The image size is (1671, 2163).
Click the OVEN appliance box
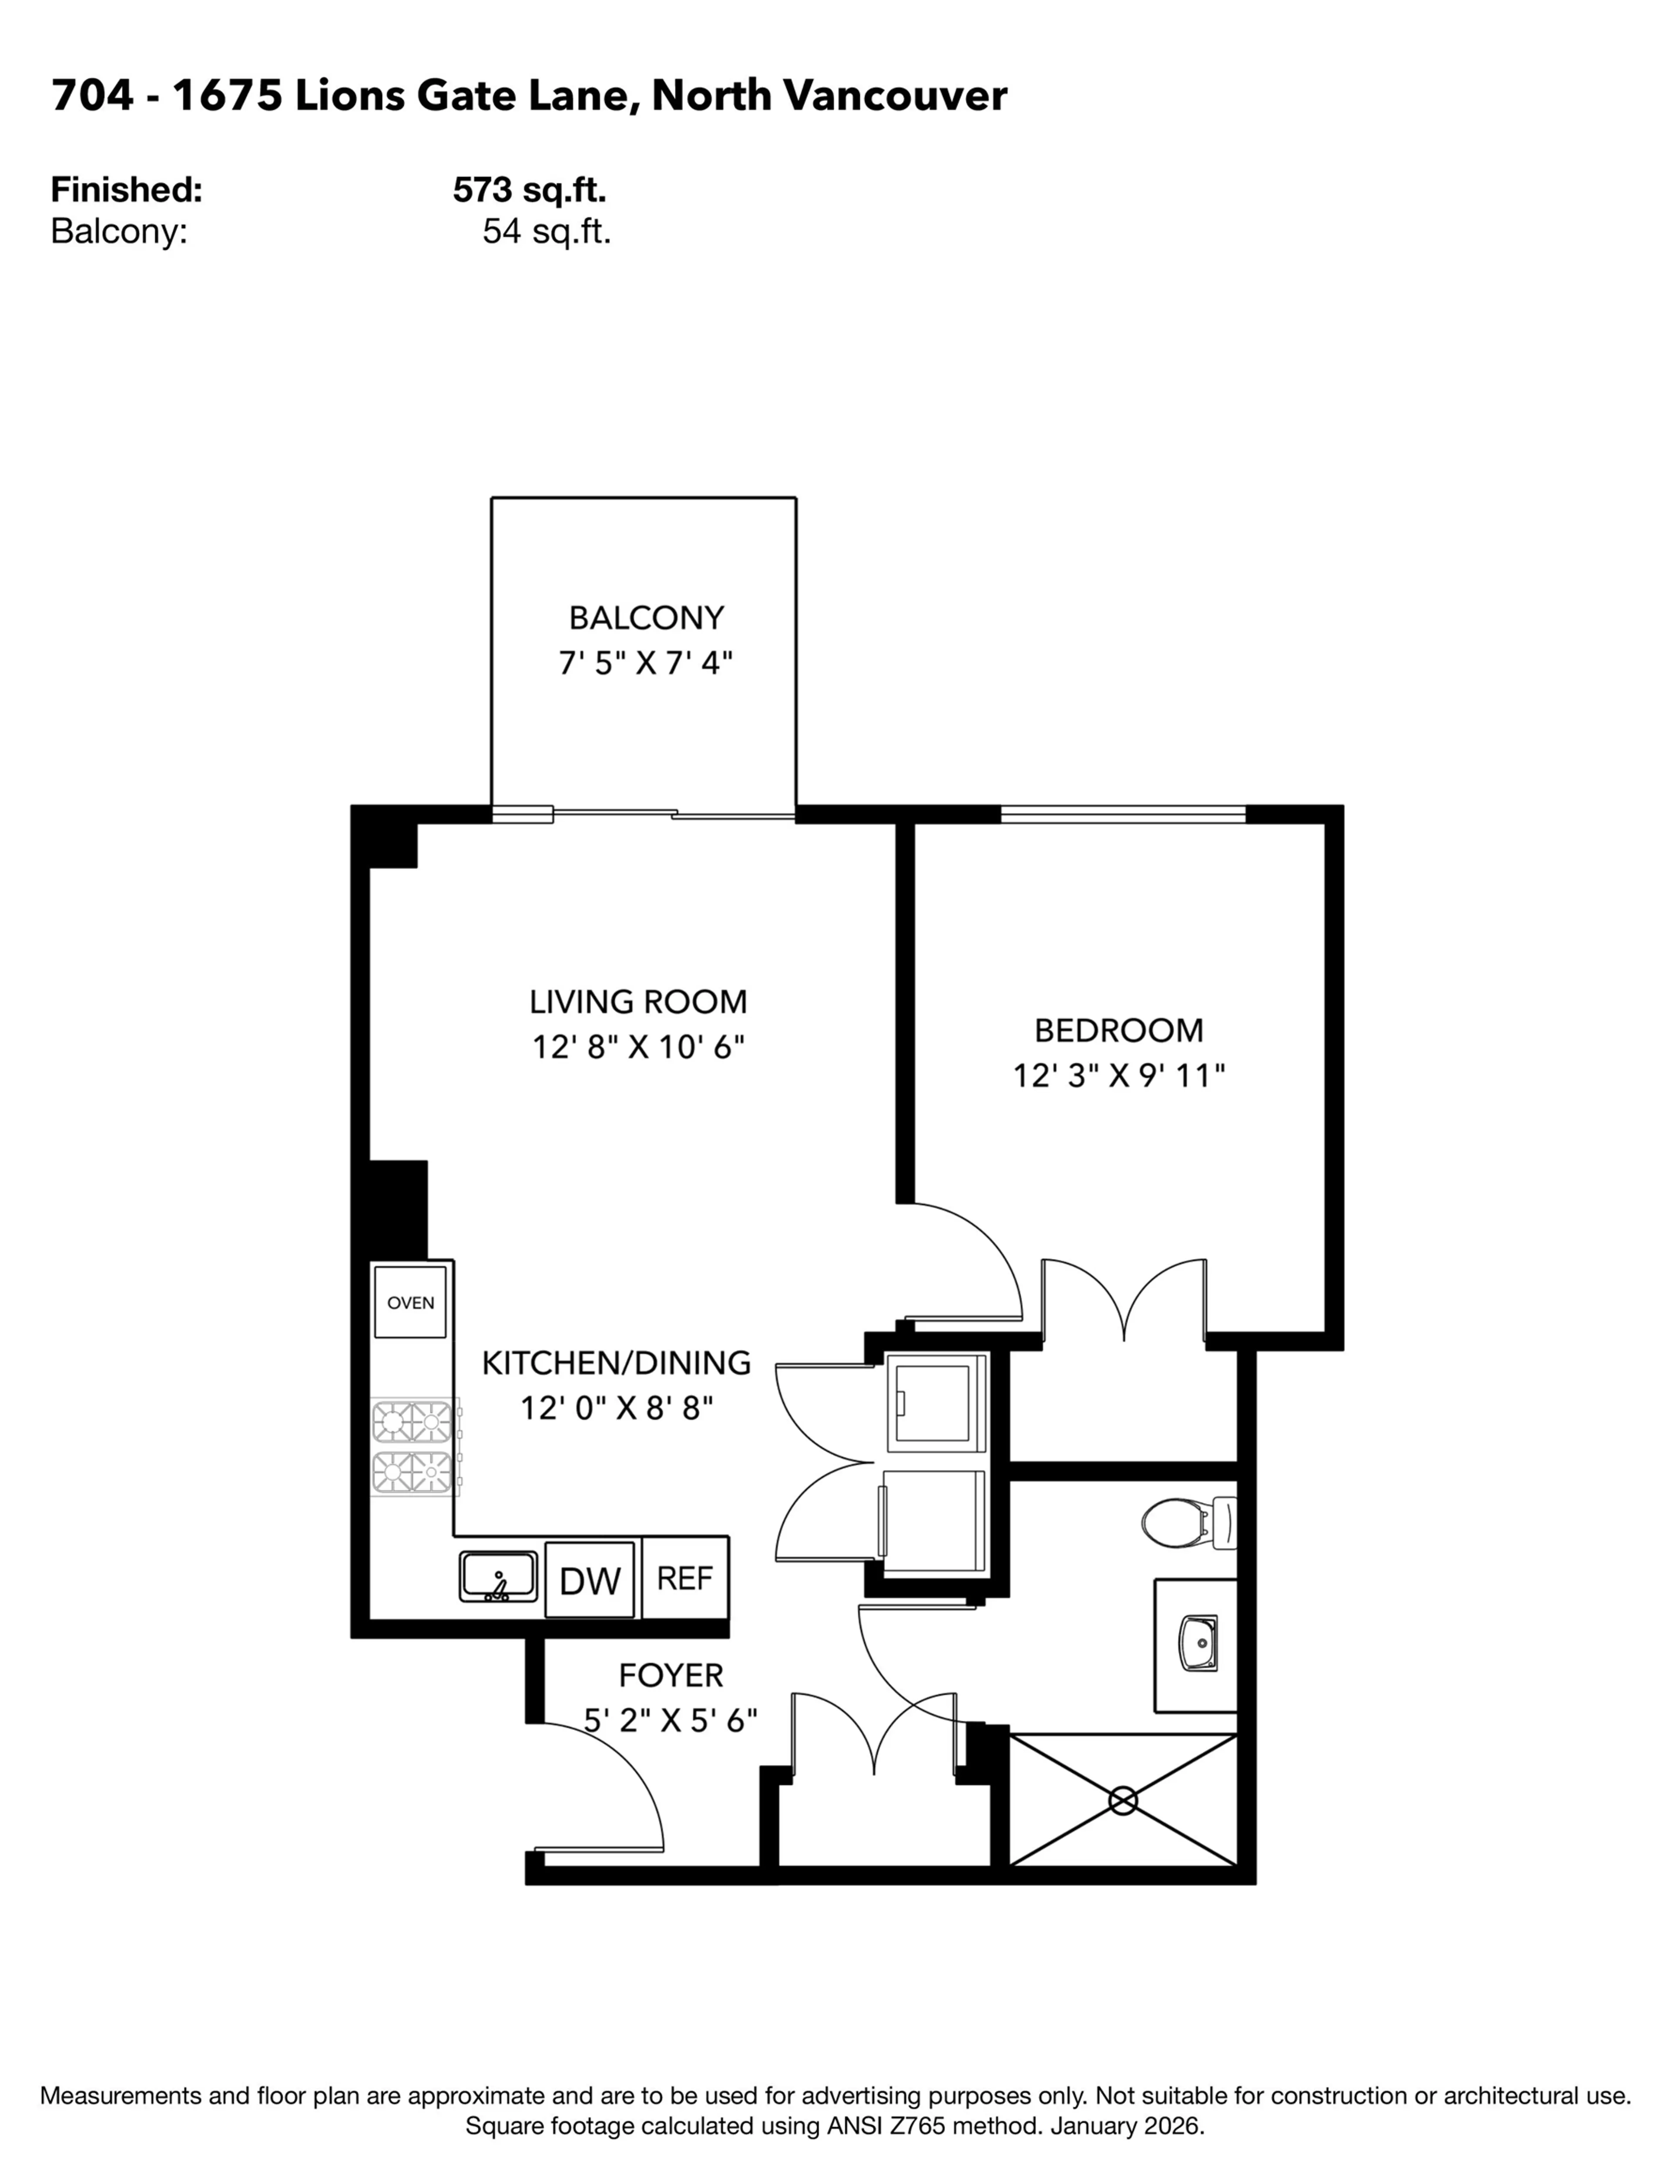pos(410,1302)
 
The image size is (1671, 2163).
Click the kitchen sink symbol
pos(498,1577)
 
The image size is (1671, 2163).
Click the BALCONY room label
pos(646,618)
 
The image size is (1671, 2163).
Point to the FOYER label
pos(671,1675)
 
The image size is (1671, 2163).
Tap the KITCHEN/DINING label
pos(616,1363)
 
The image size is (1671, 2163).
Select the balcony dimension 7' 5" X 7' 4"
pos(646,662)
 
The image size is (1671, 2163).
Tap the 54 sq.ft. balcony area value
pos(546,232)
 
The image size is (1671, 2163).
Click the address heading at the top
pos(529,96)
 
